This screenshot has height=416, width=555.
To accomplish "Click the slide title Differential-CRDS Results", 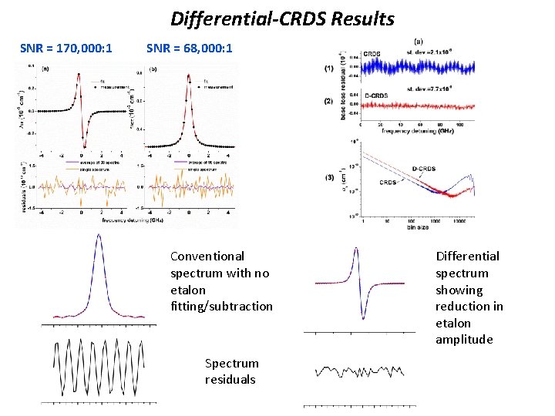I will point(282,18).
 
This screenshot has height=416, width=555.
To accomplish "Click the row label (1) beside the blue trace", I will point(329,69).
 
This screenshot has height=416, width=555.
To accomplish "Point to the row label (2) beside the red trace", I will point(329,102).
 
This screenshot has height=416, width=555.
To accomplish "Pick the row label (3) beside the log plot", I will point(329,179).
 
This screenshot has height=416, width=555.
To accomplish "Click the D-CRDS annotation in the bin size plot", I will point(426,168).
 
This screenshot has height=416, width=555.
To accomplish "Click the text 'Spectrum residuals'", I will point(232,371).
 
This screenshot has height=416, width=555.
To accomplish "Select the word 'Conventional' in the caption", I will point(207,257).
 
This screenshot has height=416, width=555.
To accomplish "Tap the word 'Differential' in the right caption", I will point(467,257).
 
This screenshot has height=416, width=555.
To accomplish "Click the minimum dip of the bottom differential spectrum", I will point(362,317).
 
